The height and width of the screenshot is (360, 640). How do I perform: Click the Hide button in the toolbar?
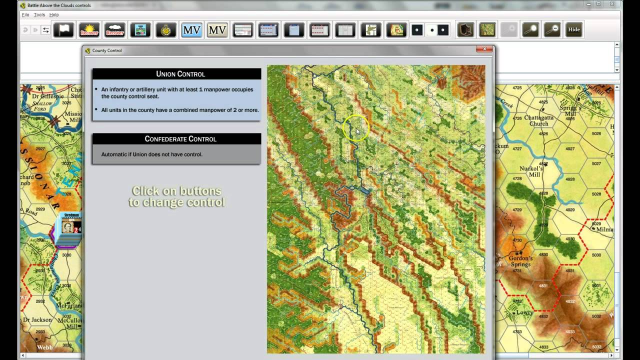(x=573, y=30)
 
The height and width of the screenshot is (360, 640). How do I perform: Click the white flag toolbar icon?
(x=63, y=30)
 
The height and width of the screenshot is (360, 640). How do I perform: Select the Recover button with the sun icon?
(x=89, y=30)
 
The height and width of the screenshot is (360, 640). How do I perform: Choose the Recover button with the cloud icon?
(x=114, y=30)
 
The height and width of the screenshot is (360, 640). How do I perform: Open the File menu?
(x=25, y=15)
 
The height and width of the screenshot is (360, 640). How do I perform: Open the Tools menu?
(x=39, y=15)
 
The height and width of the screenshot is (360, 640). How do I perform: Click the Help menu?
(x=54, y=15)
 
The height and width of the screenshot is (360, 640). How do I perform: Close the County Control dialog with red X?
(x=484, y=49)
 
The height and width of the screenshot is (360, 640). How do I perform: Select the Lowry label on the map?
(x=524, y=312)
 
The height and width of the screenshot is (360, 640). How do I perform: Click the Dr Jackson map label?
(x=38, y=319)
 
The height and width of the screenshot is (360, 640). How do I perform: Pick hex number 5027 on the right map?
(x=596, y=163)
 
